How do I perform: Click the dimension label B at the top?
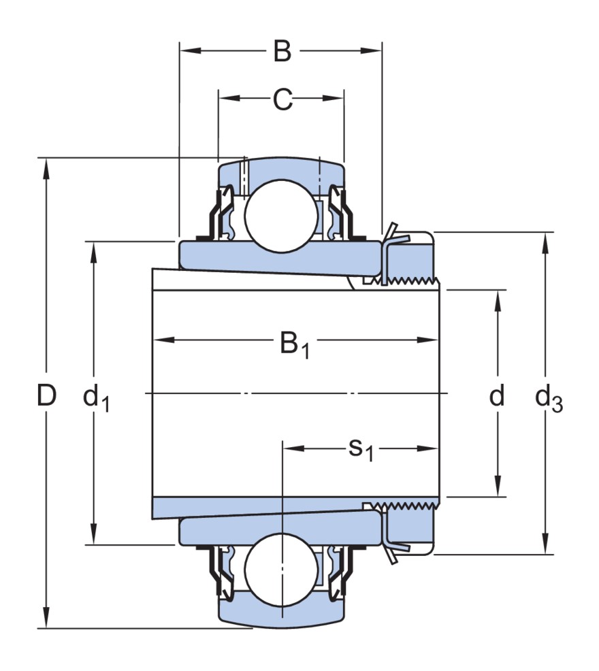[282, 51]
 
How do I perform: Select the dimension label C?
[282, 100]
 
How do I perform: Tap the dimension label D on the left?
[46, 395]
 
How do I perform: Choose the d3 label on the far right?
[548, 398]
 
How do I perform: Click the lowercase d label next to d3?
[498, 395]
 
